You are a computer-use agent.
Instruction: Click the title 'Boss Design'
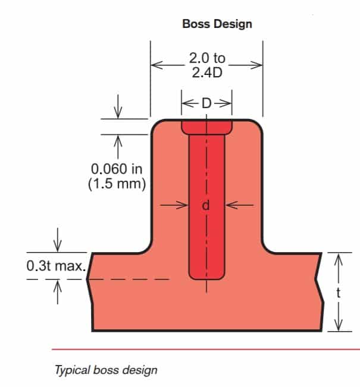(217, 24)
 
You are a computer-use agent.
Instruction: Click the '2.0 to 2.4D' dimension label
(206, 65)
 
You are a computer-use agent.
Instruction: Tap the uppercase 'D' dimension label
(206, 103)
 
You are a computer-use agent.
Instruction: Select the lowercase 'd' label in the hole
(206, 206)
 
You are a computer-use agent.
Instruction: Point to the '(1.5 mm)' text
(117, 184)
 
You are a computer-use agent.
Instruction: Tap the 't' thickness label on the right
(339, 292)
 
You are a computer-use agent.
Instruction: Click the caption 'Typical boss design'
(106, 370)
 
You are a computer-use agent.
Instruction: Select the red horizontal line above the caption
(202, 349)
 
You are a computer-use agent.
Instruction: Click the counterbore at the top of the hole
(206, 127)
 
